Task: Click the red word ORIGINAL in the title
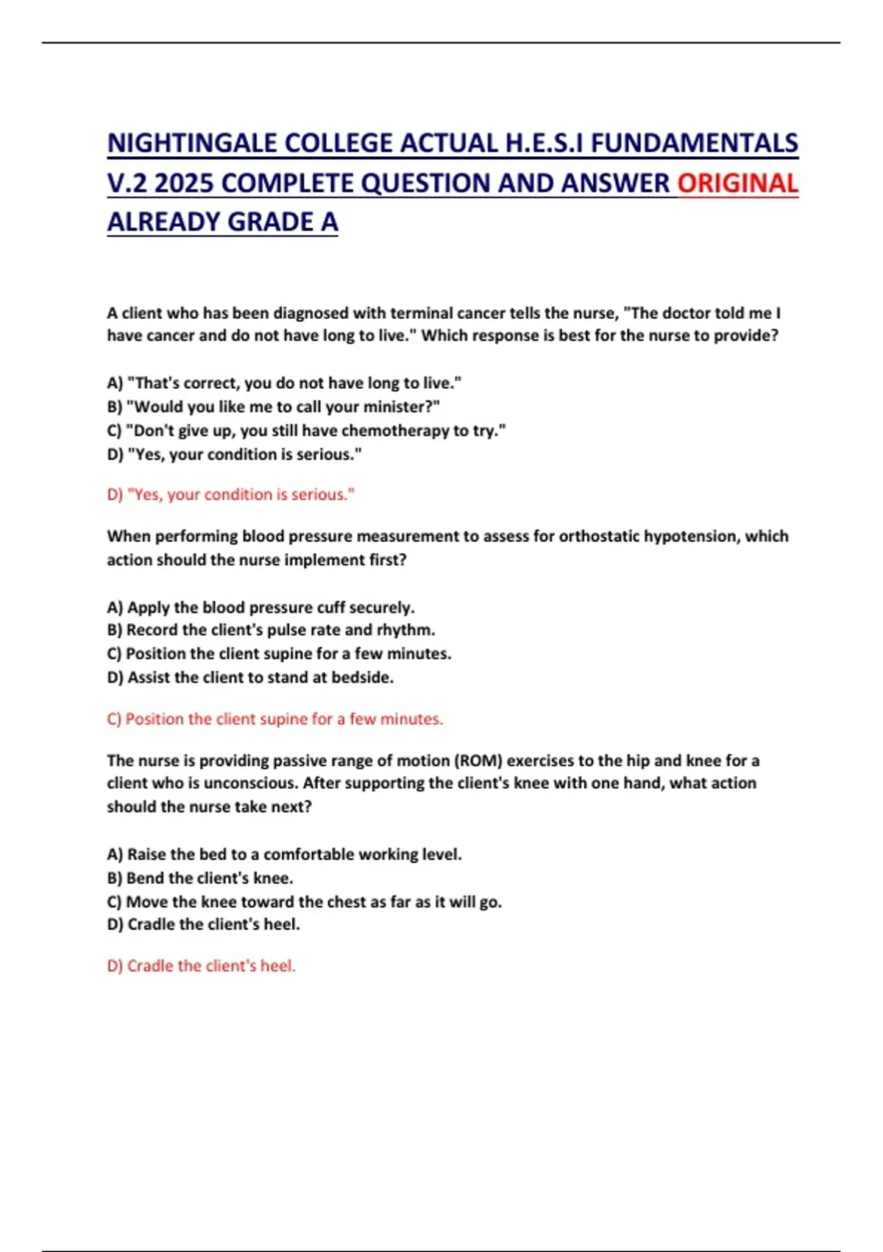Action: click(737, 183)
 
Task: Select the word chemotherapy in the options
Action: click(405, 430)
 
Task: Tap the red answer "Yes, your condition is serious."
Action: click(231, 494)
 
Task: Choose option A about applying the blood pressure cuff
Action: click(261, 608)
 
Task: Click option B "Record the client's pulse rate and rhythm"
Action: click(271, 630)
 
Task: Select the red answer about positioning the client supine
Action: click(275, 719)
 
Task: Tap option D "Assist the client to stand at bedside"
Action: click(250, 678)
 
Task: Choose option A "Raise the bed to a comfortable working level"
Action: click(285, 854)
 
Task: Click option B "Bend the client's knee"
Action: click(200, 878)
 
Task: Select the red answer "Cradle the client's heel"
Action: click(202, 966)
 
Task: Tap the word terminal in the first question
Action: click(422, 313)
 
